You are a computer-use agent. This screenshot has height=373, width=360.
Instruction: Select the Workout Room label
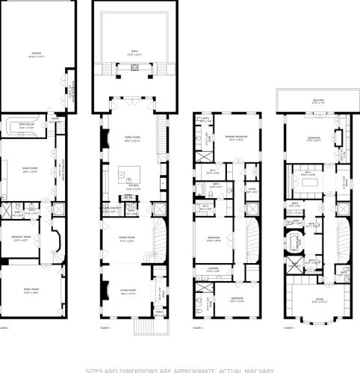21,238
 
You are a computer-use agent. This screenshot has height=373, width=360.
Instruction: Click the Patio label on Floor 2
124,52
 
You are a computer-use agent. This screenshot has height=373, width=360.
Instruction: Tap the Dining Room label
127,239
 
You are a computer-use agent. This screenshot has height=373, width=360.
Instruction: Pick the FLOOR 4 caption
288,327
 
